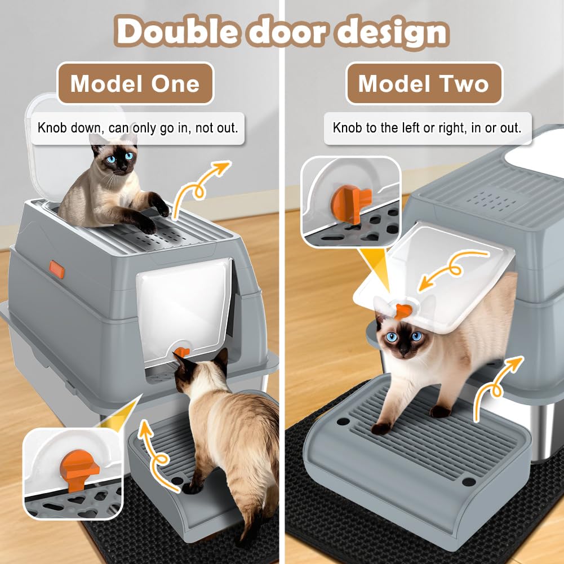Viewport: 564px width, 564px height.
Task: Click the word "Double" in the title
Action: pos(177,32)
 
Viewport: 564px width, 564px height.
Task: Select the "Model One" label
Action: pos(135,83)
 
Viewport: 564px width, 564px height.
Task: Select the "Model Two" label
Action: pos(424,83)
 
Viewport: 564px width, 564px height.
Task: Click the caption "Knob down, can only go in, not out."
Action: pos(138,128)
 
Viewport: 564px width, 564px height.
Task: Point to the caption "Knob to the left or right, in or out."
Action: pos(427,128)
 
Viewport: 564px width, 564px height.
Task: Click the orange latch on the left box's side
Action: pos(57,269)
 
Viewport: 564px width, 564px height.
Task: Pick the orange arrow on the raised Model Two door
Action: pos(453,268)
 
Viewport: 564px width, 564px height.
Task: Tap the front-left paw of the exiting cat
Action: pos(380,428)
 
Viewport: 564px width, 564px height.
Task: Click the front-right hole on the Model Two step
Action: pos(468,481)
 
